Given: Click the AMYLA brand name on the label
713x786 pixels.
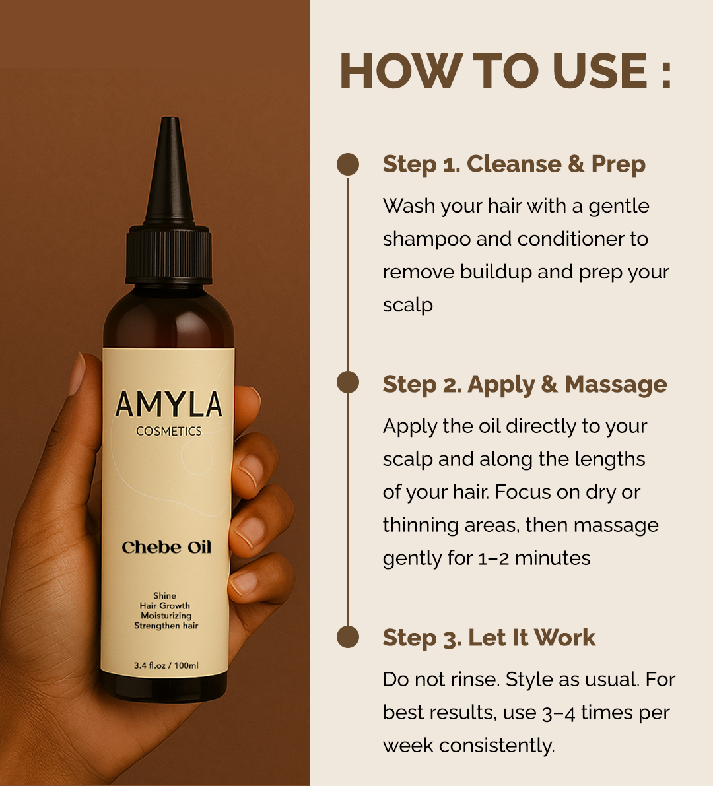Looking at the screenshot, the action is (168, 405).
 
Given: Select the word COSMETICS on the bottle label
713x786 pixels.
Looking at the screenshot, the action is (168, 431).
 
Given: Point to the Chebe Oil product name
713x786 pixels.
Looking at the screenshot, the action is (166, 547).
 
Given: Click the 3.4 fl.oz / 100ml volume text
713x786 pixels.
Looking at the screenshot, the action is (166, 665).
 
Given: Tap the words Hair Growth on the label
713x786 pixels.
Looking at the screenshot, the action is (165, 606).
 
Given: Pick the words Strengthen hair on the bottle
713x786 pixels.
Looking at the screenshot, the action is (166, 626).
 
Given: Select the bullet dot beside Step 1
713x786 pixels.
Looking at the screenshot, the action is (348, 164).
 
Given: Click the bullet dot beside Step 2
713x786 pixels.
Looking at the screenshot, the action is (348, 383).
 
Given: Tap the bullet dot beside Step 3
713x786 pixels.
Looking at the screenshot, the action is (348, 637).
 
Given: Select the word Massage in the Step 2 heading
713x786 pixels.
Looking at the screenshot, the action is (616, 385).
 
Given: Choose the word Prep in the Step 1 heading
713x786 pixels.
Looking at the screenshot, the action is (618, 164).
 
